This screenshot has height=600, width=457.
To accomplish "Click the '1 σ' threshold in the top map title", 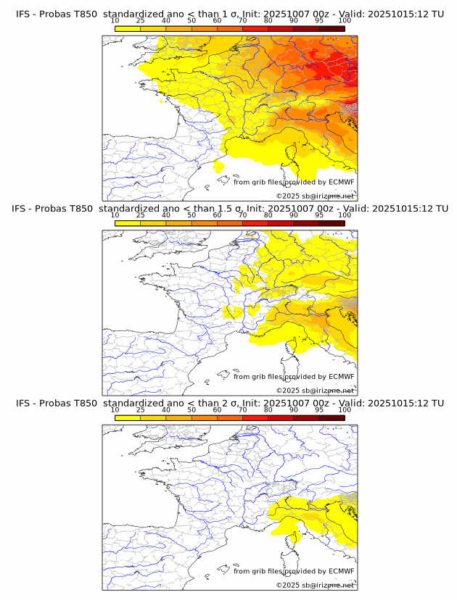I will click(x=231, y=13).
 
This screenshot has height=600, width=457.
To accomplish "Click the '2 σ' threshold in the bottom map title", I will click(x=232, y=403).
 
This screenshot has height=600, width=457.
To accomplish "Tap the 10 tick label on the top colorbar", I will click(x=115, y=21).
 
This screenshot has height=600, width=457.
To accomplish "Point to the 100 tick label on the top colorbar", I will click(x=345, y=21).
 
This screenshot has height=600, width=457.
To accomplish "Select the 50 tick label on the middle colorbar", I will click(x=192, y=215).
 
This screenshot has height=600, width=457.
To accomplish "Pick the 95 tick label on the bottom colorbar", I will click(x=319, y=410).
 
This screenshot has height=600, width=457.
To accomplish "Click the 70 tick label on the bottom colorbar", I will click(x=243, y=410).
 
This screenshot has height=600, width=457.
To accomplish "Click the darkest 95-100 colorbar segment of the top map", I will click(x=332, y=28).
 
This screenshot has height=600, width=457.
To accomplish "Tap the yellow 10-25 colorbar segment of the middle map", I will click(x=128, y=223).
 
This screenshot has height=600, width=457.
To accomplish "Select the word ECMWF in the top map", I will click(x=341, y=183).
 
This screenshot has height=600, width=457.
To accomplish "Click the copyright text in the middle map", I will click(x=315, y=391).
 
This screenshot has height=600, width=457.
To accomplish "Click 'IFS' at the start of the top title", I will click(x=24, y=13).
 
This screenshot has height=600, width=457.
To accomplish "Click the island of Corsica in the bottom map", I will click(x=295, y=539).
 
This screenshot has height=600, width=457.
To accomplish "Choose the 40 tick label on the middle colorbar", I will click(x=166, y=215).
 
